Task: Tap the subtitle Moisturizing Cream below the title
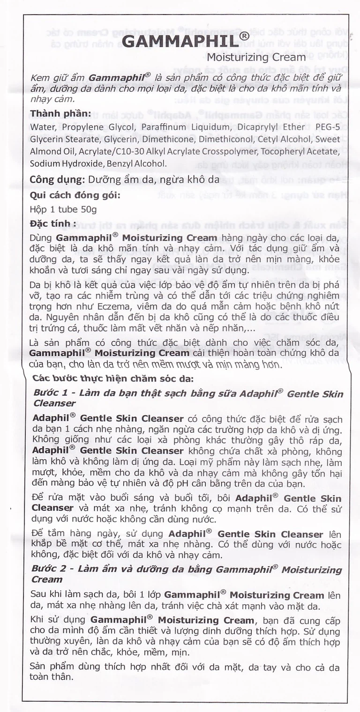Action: (x=256, y=58)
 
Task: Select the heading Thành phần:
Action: (x=60, y=114)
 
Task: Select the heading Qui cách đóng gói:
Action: (x=75, y=195)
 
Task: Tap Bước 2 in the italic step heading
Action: (x=47, y=570)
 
